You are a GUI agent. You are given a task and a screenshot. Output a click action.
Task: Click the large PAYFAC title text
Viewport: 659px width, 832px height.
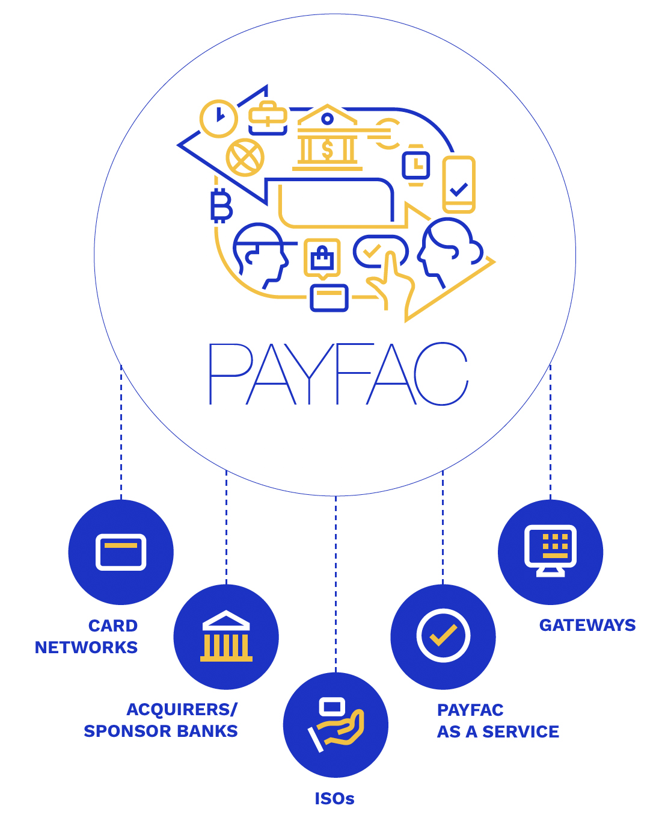(338, 374)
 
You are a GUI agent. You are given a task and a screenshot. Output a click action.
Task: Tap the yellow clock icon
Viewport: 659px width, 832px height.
(218, 118)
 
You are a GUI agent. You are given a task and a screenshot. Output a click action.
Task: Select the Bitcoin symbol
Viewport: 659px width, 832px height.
(221, 205)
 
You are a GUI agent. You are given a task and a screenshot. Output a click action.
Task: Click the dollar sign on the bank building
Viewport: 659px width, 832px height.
(327, 149)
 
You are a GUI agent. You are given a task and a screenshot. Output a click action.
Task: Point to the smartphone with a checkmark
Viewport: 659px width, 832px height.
(459, 185)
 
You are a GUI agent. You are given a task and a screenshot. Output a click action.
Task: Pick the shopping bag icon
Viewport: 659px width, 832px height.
(322, 258)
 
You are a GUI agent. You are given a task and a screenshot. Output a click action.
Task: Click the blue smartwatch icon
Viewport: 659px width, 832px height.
(415, 165)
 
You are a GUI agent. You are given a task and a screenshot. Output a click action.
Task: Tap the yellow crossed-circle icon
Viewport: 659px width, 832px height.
(245, 158)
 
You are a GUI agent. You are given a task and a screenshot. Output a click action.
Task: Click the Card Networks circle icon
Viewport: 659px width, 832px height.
(121, 552)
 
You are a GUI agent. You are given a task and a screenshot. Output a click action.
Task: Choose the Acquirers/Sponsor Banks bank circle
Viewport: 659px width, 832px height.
(226, 637)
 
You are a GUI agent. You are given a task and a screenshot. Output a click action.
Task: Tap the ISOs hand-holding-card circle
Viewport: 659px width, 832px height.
(336, 725)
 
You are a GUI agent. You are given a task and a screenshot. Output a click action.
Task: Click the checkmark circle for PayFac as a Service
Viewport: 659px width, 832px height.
(443, 636)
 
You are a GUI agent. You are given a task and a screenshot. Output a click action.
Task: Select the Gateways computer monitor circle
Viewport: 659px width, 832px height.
(550, 552)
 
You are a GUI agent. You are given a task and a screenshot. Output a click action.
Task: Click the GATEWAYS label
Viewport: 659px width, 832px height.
(587, 626)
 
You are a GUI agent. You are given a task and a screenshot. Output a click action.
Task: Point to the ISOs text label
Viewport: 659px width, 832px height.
(334, 799)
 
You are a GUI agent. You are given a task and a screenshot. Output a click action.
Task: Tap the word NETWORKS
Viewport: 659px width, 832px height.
(86, 647)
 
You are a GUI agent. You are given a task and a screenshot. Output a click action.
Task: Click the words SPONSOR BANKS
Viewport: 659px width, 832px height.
(161, 731)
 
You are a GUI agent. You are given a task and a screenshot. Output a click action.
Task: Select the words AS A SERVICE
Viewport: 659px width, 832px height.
(498, 731)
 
